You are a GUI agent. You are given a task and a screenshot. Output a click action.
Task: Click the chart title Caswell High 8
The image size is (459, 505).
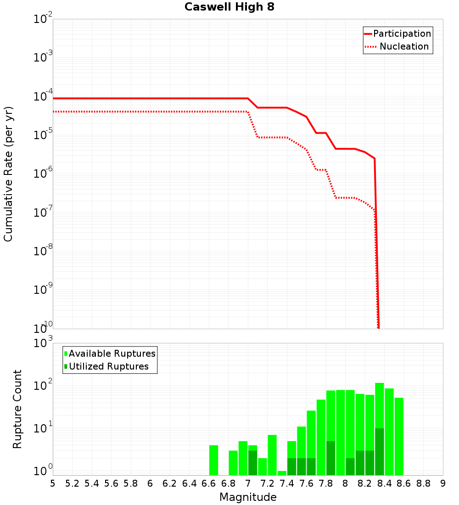click(x=229, y=7)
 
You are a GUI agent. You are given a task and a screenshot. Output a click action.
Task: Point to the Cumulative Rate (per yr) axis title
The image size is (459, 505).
click(x=8, y=174)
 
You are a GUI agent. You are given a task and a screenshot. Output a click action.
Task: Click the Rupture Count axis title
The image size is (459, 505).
click(x=17, y=409)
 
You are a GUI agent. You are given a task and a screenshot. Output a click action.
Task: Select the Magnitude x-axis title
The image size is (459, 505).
click(x=248, y=497)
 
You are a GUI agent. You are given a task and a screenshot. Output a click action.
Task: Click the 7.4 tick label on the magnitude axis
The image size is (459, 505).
click(x=287, y=483)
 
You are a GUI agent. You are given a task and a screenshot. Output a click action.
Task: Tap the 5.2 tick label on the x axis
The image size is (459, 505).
click(x=72, y=483)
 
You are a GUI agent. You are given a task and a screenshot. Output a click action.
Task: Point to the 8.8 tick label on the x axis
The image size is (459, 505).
click(x=423, y=483)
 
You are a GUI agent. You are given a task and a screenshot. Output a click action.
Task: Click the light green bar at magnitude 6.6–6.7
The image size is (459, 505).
click(x=213, y=460)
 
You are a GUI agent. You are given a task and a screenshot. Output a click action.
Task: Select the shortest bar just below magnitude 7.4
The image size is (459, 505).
click(x=282, y=473)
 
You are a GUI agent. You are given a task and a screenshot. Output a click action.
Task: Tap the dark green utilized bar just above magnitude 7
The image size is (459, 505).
click(x=252, y=463)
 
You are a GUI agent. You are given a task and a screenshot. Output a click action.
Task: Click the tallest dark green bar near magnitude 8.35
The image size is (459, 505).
click(x=380, y=452)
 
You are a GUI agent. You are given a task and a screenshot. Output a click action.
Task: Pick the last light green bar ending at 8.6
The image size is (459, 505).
click(x=399, y=436)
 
